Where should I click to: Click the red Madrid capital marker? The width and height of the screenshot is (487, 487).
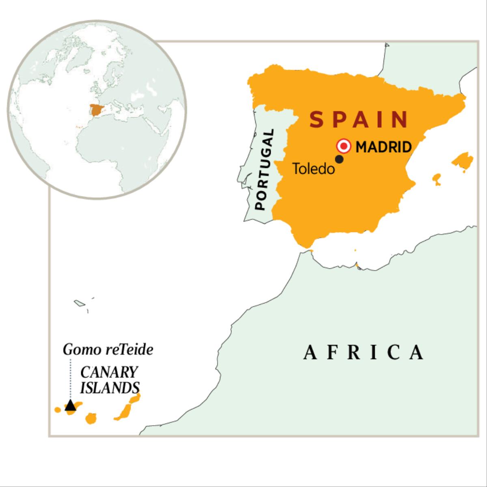click(x=344, y=146)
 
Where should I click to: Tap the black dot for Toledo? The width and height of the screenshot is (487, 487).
click(x=340, y=159)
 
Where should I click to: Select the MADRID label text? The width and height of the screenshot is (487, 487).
click(x=384, y=147)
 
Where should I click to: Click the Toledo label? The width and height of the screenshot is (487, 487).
click(x=313, y=169)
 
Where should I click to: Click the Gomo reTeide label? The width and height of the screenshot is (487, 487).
click(x=108, y=350)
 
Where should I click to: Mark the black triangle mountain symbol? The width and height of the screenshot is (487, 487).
click(x=71, y=405)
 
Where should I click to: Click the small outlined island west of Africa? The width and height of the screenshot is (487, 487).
click(x=79, y=303)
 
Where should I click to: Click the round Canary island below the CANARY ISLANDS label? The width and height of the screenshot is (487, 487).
click(x=91, y=418)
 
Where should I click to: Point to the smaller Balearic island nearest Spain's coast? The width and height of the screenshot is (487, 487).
click(x=437, y=179)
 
